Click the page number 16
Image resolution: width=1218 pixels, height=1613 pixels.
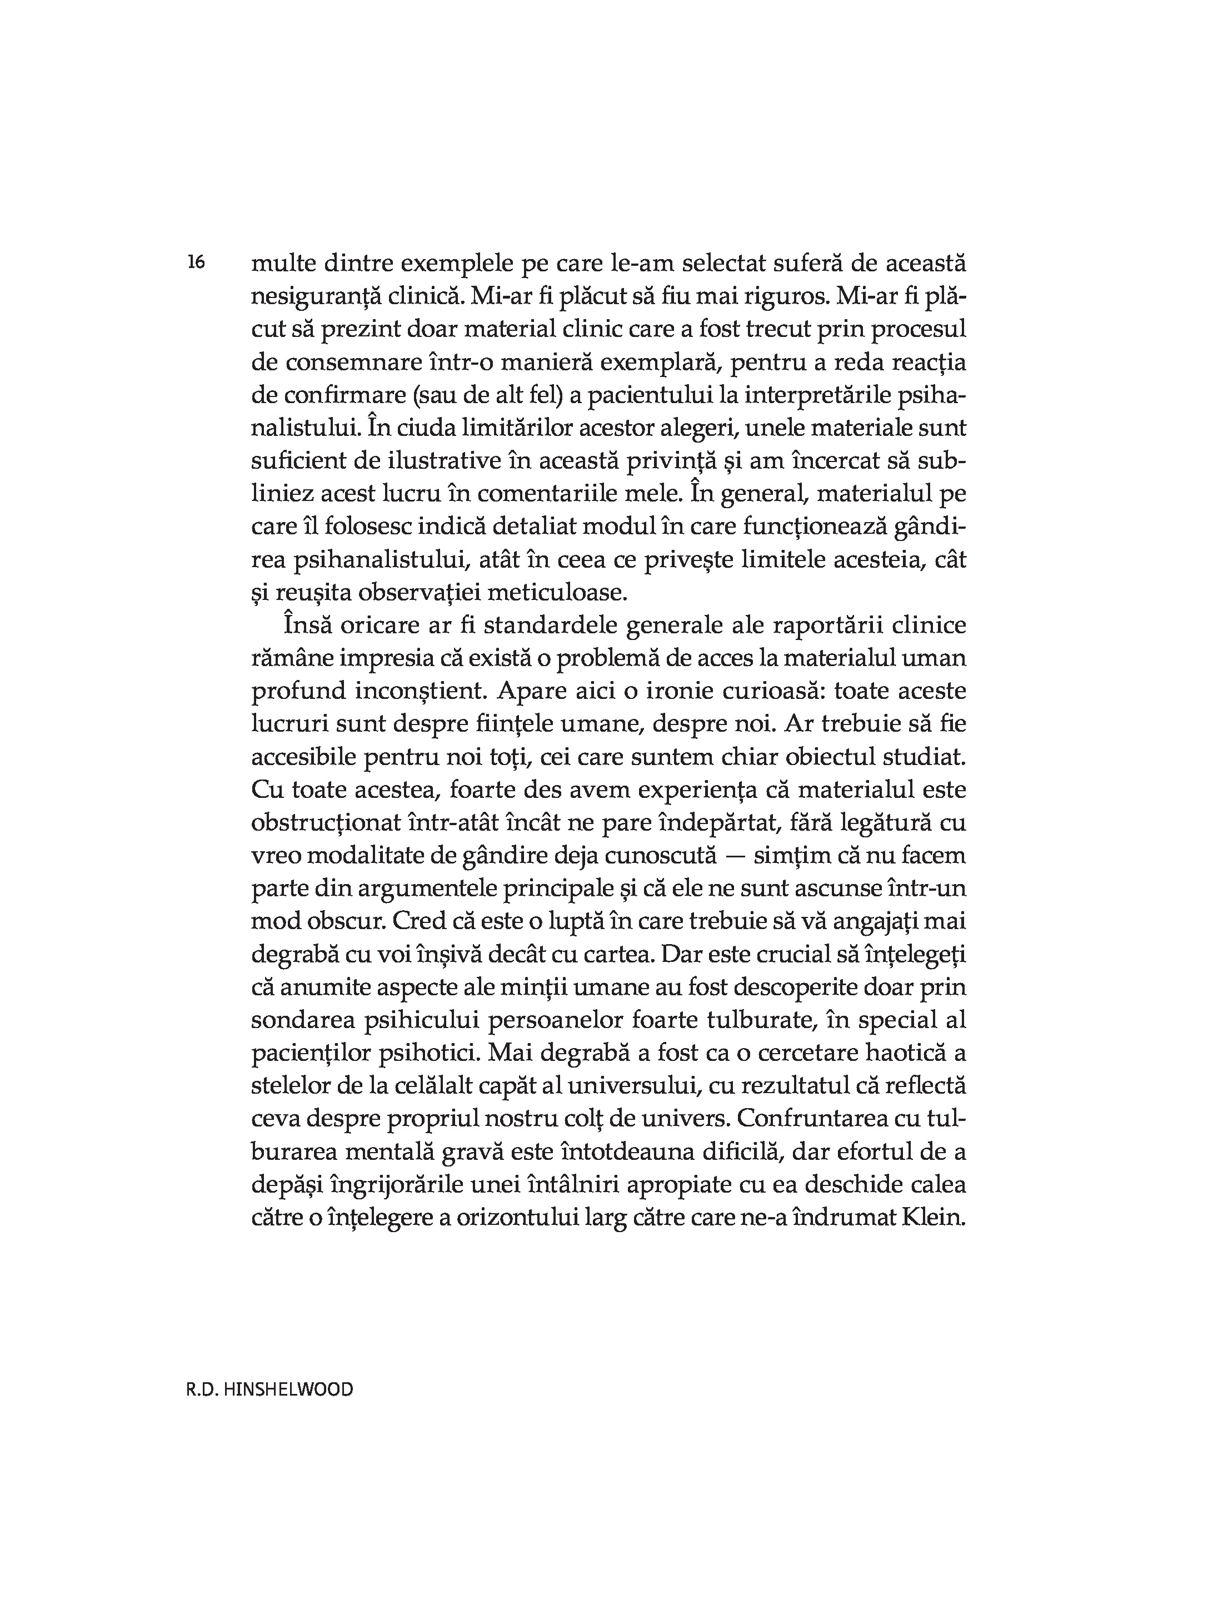tap(196, 262)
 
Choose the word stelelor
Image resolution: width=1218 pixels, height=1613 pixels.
tap(289, 1085)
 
